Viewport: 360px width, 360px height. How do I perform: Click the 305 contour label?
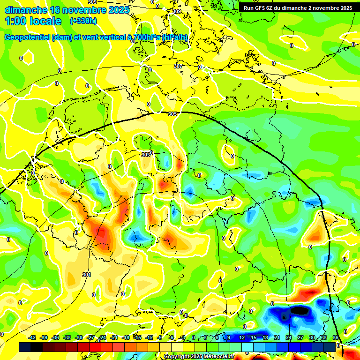[172, 114]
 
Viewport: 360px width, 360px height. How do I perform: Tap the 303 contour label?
[145, 154]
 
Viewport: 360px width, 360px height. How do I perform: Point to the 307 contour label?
[178, 66]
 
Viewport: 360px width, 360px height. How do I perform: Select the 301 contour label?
[86, 275]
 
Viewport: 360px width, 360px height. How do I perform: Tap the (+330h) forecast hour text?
[83, 21]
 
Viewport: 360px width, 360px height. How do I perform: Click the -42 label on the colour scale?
[32, 337]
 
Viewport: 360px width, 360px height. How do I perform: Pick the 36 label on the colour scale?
[336, 337]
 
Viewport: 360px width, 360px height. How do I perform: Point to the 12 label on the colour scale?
[242, 337]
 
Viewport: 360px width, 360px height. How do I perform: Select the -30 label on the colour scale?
[79, 337]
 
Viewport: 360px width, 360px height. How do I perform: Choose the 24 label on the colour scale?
[289, 337]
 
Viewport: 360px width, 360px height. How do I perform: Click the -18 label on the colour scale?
[126, 337]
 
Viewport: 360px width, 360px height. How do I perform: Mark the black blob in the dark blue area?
[300, 310]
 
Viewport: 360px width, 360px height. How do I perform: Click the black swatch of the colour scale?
[25, 347]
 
